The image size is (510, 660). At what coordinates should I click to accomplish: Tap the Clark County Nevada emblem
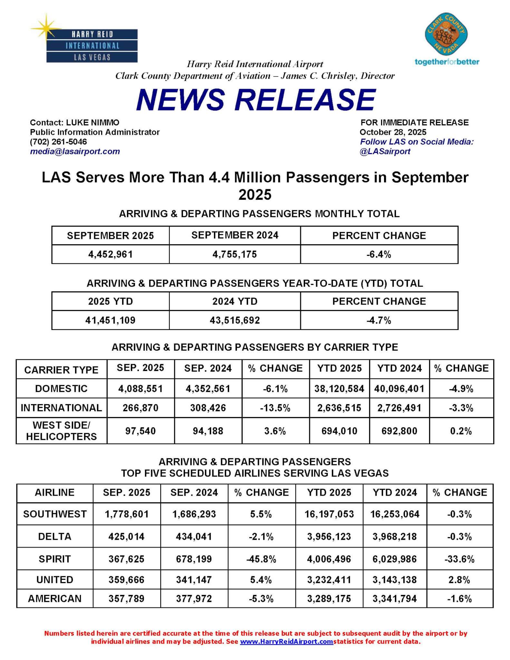click(446, 35)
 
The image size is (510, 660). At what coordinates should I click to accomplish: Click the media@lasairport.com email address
click(75, 151)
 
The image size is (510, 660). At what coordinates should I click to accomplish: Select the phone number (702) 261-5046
click(58, 142)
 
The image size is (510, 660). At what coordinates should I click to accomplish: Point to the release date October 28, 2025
click(393, 132)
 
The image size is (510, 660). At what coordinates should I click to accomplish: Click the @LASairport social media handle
click(385, 151)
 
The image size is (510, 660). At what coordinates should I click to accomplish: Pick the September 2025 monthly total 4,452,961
click(111, 255)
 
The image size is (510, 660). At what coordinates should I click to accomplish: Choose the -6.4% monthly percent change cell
click(379, 255)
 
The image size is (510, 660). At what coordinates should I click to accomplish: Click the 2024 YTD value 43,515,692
click(235, 320)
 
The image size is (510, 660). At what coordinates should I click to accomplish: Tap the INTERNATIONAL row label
click(61, 408)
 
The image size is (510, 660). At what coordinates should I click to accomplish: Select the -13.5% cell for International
click(275, 408)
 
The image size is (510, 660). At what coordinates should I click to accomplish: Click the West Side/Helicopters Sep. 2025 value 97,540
click(140, 431)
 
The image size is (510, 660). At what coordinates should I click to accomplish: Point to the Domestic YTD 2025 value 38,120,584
click(339, 389)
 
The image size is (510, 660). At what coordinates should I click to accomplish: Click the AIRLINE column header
click(55, 493)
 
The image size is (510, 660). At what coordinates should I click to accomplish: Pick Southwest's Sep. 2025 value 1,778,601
click(127, 514)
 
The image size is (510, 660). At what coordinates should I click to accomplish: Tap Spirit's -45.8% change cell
click(261, 559)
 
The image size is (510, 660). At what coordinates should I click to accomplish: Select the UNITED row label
click(55, 580)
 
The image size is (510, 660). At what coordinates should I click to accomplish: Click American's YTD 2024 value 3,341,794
click(395, 599)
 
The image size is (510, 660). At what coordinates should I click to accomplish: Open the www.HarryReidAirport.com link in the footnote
click(286, 641)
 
